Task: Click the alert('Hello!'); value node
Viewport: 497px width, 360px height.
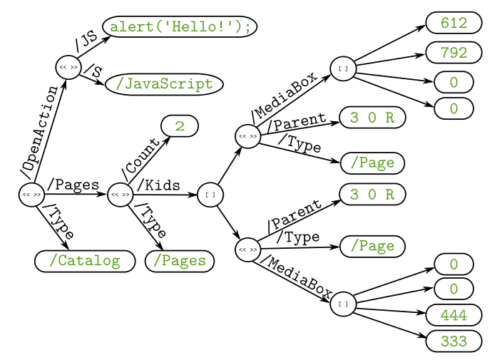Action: tap(180, 26)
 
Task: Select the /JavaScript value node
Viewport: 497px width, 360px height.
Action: tap(164, 84)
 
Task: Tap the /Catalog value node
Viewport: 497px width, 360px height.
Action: tap(84, 261)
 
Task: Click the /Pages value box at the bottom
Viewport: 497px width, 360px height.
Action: tap(180, 261)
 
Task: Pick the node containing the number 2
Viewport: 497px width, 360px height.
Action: tap(180, 125)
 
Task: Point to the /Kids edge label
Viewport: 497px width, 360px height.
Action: tap(158, 185)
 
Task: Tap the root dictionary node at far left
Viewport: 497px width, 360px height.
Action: tap(31, 194)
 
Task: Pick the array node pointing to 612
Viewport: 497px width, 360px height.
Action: tap(343, 69)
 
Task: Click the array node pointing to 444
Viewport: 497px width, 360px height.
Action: tap(343, 304)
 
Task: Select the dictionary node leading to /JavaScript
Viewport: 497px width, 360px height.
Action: tap(68, 67)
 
